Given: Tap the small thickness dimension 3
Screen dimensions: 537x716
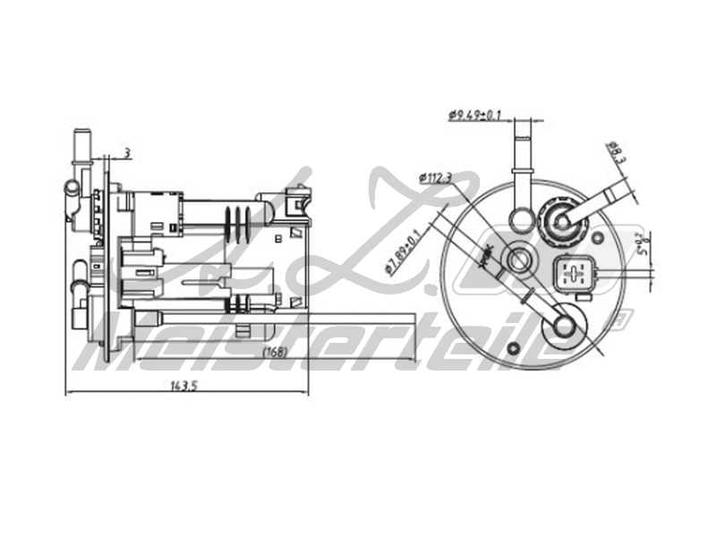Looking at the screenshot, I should [x=127, y=154].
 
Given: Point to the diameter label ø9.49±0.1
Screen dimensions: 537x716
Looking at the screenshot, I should [x=474, y=115].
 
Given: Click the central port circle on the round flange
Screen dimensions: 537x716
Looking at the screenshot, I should [x=518, y=260].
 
